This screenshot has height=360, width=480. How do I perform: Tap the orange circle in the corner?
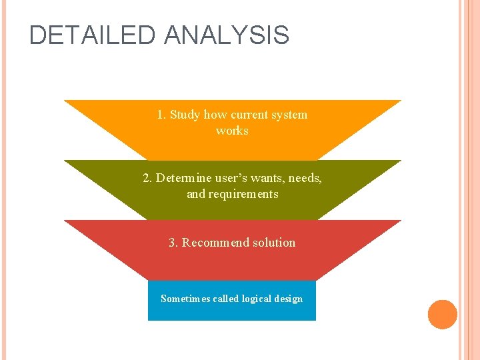coord(443,315)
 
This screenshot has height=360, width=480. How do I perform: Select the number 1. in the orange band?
coord(161,115)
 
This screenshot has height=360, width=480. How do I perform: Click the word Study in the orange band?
coord(185,115)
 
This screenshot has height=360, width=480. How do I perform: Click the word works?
coord(232,131)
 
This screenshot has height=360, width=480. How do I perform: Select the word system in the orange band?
coord(289,115)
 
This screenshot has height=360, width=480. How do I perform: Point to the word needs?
coord(307,178)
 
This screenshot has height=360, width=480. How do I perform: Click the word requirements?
coord(243,194)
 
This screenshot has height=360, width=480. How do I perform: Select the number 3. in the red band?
coord(173,243)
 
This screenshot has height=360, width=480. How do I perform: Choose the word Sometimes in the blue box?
coord(185,299)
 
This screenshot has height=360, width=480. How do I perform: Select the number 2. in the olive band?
coord(147,178)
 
